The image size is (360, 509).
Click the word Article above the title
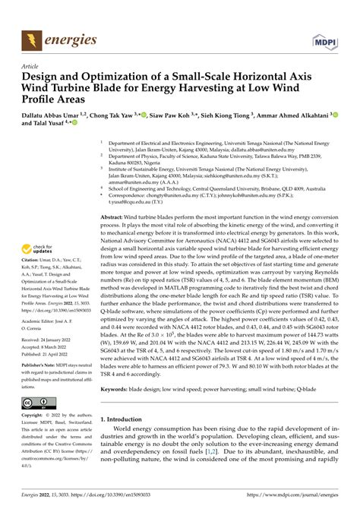(x=33, y=67)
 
